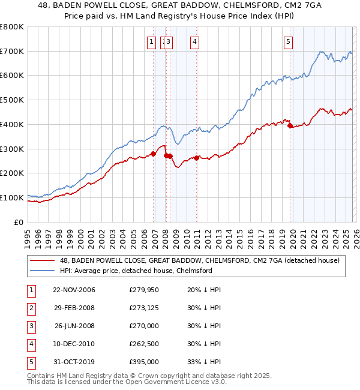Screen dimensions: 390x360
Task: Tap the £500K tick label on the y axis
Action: (12, 100)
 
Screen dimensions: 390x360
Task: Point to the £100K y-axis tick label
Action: (12, 197)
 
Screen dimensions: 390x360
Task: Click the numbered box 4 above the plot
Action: (195, 41)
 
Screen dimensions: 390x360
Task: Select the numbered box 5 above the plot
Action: (289, 41)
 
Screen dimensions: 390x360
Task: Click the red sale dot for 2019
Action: (290, 126)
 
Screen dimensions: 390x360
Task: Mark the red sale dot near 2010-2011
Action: (196, 158)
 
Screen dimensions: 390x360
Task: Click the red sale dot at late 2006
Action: (154, 154)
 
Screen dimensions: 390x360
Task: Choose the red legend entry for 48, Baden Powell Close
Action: (200, 260)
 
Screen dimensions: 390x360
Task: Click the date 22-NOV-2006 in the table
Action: (74, 290)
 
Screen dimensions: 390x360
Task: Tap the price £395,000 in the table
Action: (143, 362)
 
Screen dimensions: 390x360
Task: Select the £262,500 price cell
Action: (143, 344)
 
